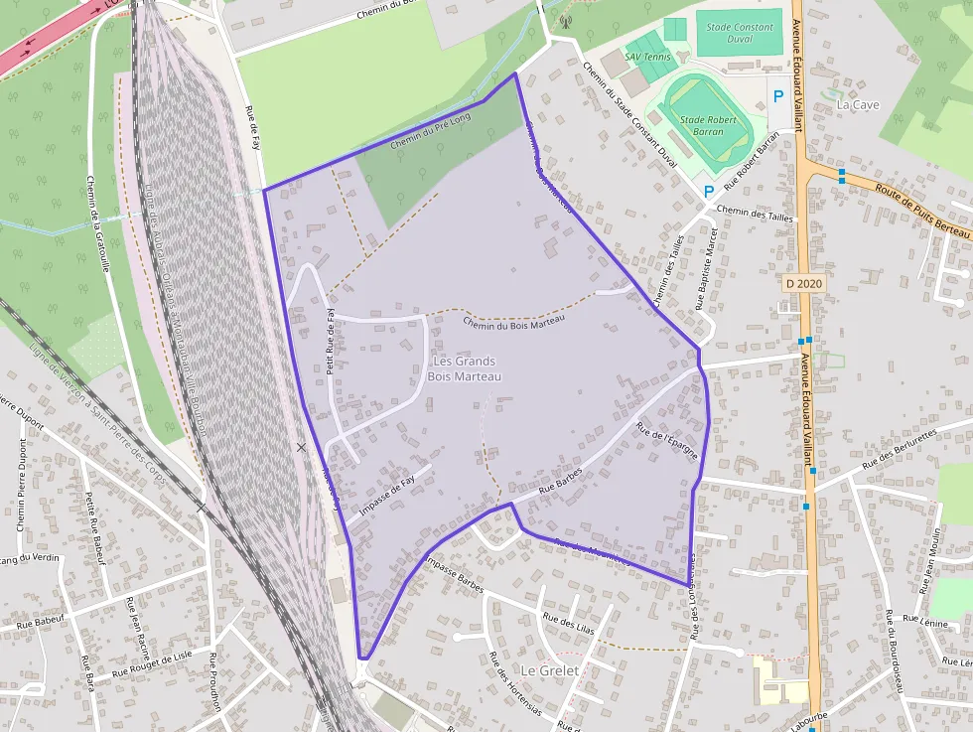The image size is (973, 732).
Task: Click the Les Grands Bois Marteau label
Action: [x=464, y=368]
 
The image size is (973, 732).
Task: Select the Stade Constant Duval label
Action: [x=739, y=33]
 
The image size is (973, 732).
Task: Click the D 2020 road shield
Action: [x=804, y=284]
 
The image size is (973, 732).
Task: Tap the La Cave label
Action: [x=858, y=103]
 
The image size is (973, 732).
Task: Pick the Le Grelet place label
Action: [x=549, y=670]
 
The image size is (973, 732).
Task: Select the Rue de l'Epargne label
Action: [x=667, y=443]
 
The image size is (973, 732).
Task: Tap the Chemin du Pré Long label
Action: [x=430, y=130]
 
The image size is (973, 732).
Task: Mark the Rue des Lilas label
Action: [x=569, y=623]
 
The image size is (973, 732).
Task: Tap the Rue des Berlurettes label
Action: [x=900, y=449]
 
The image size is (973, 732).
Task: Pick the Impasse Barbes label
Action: [x=452, y=574]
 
